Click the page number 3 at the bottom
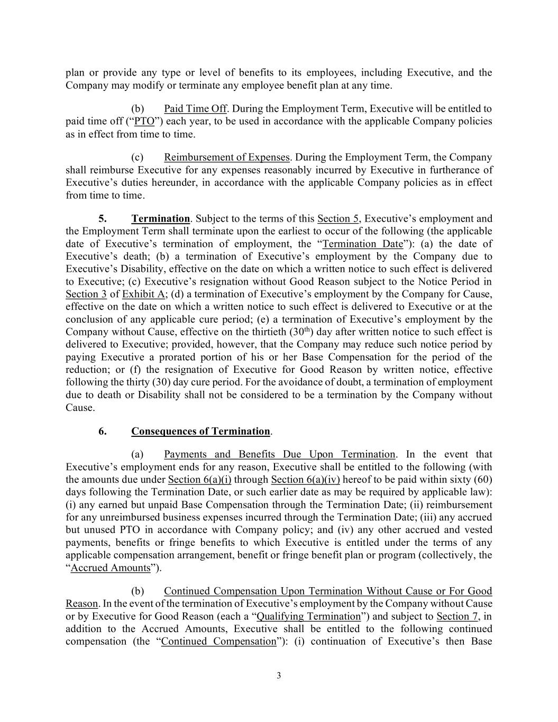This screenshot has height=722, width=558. [x=279, y=675]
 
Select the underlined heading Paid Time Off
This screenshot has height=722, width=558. [x=195, y=109]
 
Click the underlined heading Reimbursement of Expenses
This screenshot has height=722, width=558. [x=227, y=158]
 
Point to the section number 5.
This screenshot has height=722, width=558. [x=103, y=219]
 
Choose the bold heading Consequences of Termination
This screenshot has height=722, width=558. [x=200, y=432]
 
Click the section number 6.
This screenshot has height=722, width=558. [x=103, y=432]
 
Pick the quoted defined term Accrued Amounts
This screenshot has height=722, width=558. [x=111, y=568]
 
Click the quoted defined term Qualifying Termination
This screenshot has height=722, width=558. [x=308, y=617]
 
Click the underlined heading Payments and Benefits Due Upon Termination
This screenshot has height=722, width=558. [x=279, y=455]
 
